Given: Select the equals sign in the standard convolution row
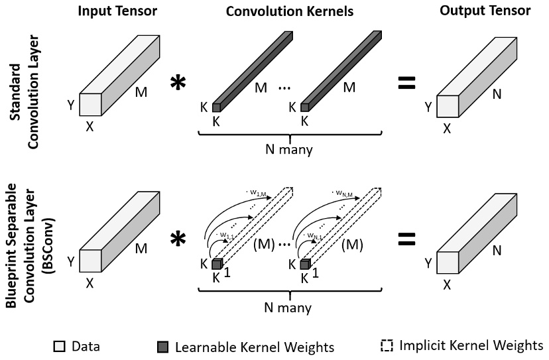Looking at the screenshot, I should [x=406, y=83].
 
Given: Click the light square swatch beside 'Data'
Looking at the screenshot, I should [x=59, y=346].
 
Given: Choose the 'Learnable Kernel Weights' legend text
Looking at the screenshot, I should [x=254, y=346].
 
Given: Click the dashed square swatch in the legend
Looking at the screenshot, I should [x=387, y=345].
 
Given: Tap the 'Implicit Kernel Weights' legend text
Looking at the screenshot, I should [x=471, y=345].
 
